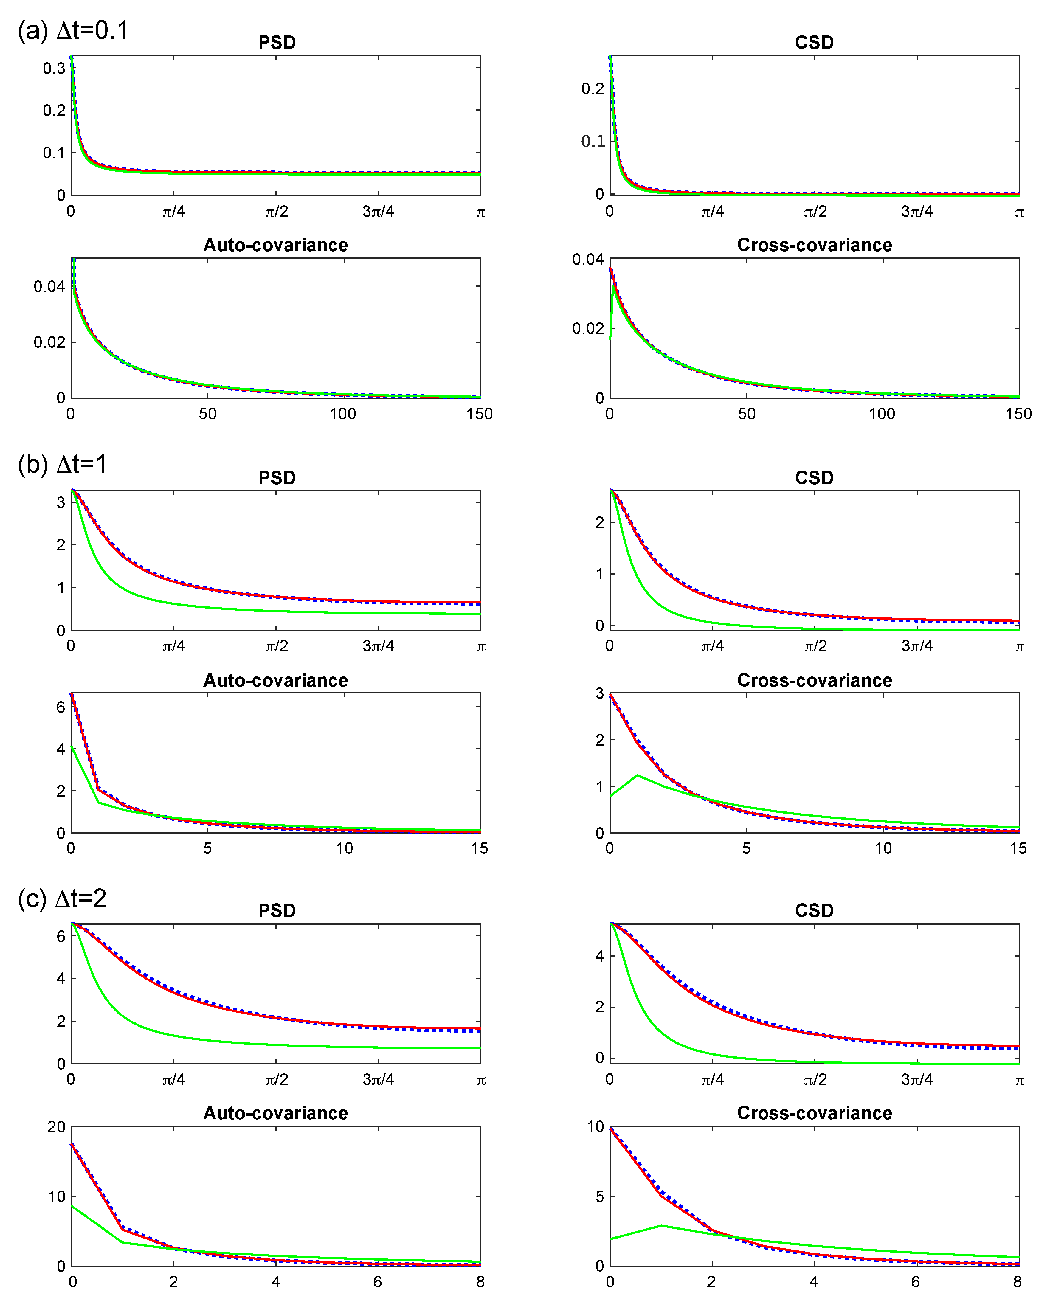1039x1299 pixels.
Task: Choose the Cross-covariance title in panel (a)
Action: [x=814, y=245]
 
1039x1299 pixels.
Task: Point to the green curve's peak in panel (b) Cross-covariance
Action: [x=638, y=775]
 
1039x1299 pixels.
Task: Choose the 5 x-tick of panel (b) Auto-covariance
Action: [x=207, y=848]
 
